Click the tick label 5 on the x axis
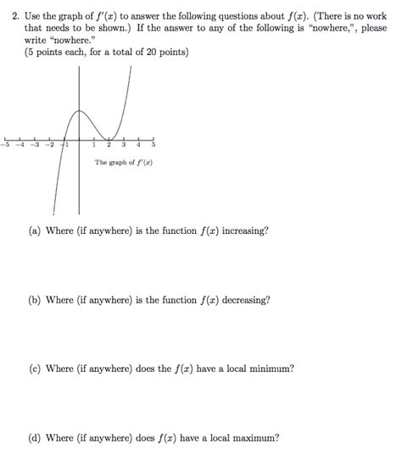(154, 145)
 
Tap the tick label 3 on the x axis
(124, 145)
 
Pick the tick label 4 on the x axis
(139, 145)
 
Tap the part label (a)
(34, 230)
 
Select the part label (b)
(34, 300)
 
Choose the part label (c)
(34, 369)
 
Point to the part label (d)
(34, 439)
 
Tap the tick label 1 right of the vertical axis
(94, 145)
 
